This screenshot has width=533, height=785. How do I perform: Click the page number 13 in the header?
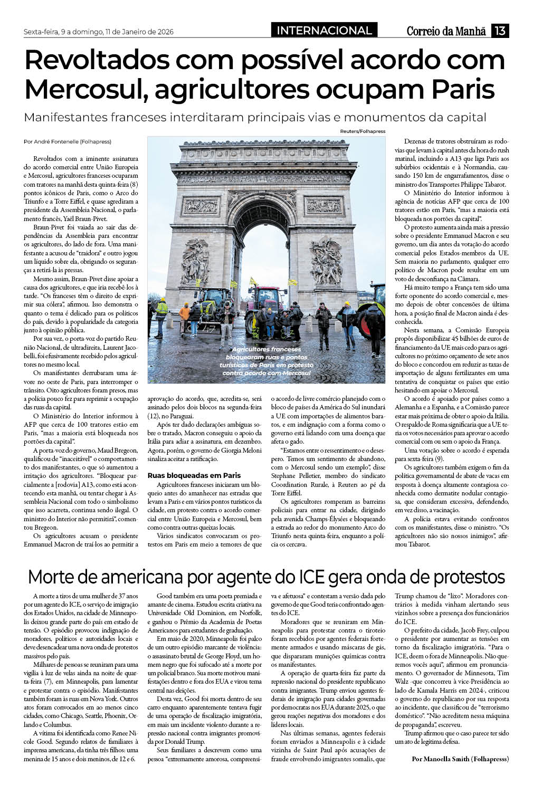coord(500,31)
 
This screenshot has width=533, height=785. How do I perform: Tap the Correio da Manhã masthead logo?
coord(446,31)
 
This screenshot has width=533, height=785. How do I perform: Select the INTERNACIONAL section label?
coord(324,31)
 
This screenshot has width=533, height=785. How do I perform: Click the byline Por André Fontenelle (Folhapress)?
coord(68,141)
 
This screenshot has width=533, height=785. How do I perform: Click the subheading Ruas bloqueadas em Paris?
coord(194,475)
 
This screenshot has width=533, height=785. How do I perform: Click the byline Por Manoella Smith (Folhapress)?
coord(460,759)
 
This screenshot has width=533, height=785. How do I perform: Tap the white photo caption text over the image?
coord(266,361)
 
